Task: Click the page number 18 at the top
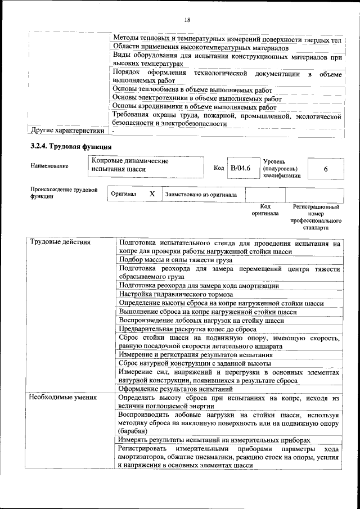pos(187,20)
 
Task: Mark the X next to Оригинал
pos(152,194)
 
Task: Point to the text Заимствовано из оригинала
pos(201,195)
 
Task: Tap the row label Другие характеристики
pos(67,131)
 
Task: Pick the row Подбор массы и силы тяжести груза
pos(175,260)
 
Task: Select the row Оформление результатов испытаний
pos(176,389)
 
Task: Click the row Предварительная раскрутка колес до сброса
pos(188,329)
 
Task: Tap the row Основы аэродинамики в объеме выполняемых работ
pos(195,106)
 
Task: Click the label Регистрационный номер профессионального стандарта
pos(316,218)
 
